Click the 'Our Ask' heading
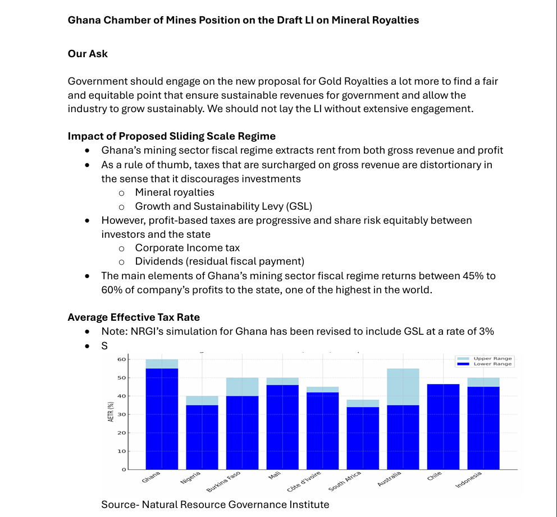pyautogui.click(x=88, y=54)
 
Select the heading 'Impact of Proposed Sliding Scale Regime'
pyautogui.click(x=172, y=136)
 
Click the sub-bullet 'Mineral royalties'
pyautogui.click(x=175, y=192)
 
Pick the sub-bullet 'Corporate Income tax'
pyautogui.click(x=188, y=247)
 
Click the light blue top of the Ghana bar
pyautogui.click(x=162, y=364)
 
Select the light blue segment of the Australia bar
pyautogui.click(x=403, y=386)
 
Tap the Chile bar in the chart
pyautogui.click(x=444, y=426)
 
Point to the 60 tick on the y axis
pyautogui.click(x=121, y=359)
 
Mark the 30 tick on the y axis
pyautogui.click(x=121, y=414)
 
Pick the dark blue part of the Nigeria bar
pyautogui.click(x=202, y=437)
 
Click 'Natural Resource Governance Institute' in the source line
pyautogui.click(x=235, y=504)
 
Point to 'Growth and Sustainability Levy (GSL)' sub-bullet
pyautogui.click(x=223, y=206)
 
